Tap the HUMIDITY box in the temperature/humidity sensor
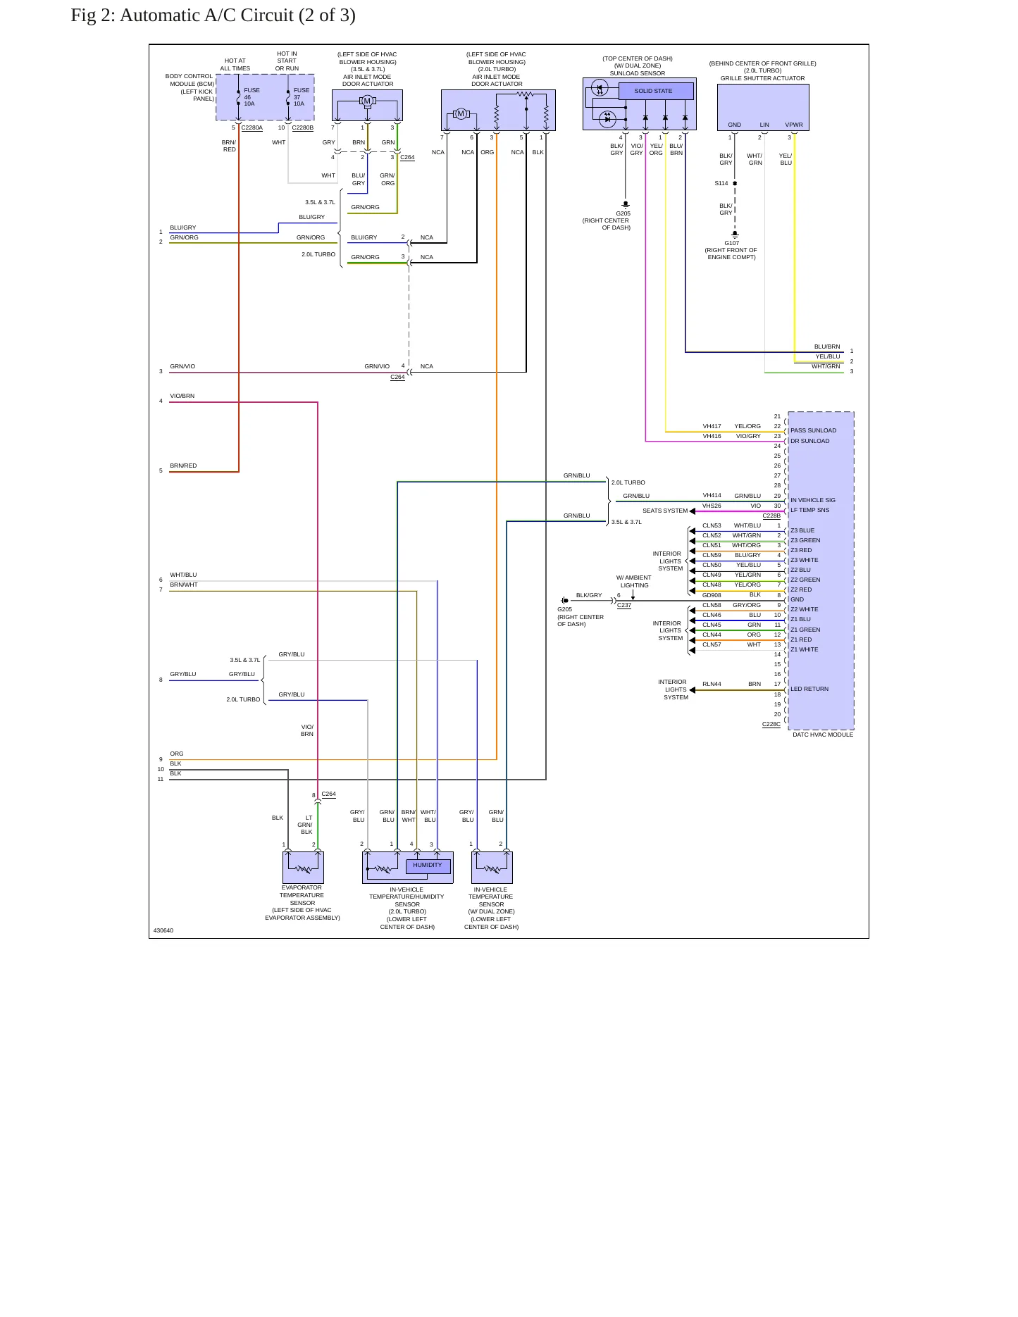coord(428,866)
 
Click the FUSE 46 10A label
coord(252,97)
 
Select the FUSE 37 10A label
coord(301,97)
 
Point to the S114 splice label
coord(721,183)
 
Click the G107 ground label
coord(732,243)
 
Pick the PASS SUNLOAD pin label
coord(813,430)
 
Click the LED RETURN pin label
coord(809,689)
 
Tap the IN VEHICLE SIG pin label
coord(812,500)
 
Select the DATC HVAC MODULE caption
coord(822,735)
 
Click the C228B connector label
coord(771,516)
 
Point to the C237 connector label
coord(624,605)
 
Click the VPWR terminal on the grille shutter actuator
coord(794,125)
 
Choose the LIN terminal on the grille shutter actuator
coord(764,125)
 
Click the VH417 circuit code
coord(712,426)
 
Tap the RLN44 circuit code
coord(712,684)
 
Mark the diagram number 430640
coord(163,930)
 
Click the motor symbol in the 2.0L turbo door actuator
coord(461,114)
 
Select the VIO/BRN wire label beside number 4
coord(182,396)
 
